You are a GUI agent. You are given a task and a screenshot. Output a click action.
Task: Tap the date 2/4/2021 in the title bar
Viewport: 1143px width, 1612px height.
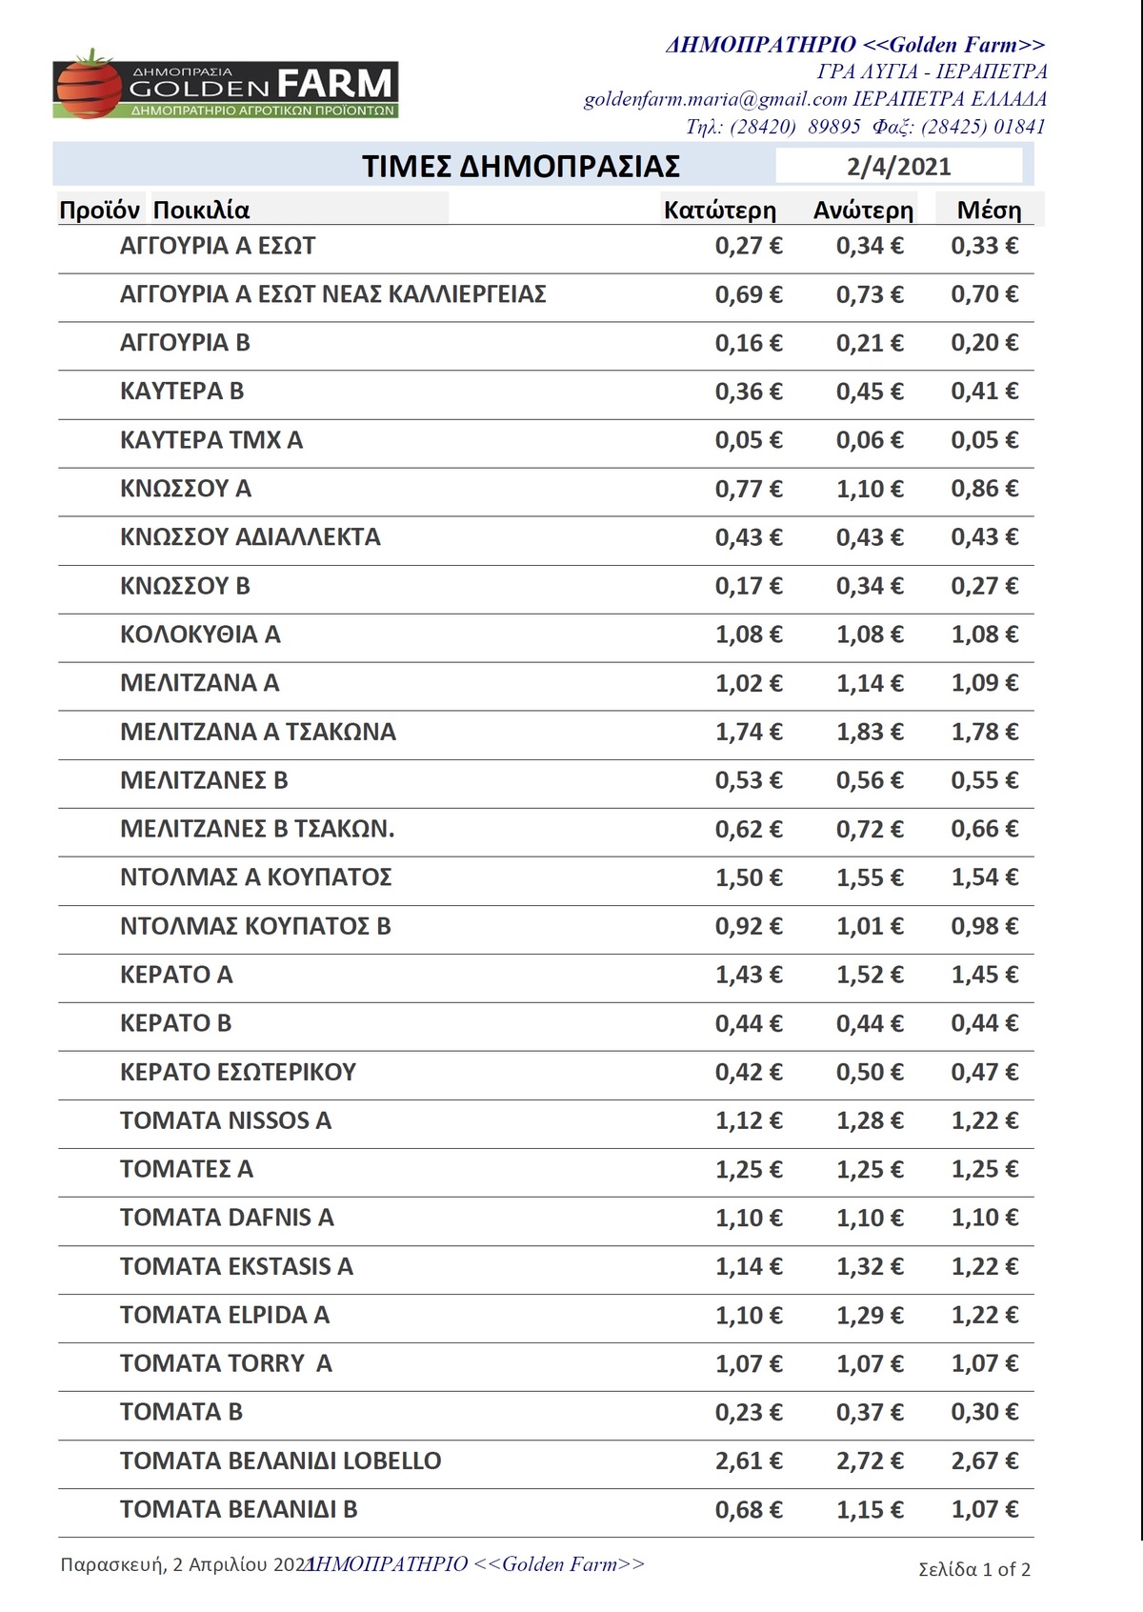tap(898, 167)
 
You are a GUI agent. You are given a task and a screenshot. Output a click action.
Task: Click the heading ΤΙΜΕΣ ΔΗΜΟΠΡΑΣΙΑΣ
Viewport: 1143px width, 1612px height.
tap(520, 167)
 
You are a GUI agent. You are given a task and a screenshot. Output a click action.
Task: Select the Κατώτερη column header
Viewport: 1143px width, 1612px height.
tap(719, 211)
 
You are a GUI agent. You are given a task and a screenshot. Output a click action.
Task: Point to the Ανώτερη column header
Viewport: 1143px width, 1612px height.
tap(863, 211)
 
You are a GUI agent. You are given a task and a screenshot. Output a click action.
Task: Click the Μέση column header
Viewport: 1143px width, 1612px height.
tap(989, 211)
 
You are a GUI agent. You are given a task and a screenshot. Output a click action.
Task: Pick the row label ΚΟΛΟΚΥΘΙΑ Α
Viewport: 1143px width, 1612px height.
tap(200, 635)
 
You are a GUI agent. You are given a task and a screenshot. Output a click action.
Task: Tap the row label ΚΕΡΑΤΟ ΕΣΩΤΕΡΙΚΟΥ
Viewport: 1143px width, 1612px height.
tap(238, 1072)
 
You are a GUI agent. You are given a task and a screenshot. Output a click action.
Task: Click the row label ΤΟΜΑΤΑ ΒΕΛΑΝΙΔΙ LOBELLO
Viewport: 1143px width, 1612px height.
tap(281, 1461)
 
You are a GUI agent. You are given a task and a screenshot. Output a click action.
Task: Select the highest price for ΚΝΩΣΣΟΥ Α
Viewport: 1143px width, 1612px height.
tap(870, 489)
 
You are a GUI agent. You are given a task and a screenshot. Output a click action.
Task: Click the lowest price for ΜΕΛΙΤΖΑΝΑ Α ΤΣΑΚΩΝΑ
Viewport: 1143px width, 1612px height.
tap(749, 732)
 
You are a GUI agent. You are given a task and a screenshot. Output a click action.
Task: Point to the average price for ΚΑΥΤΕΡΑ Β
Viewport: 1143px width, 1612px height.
tap(984, 392)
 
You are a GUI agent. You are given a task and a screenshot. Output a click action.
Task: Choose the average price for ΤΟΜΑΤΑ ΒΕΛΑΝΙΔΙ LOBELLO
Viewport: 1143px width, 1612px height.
tap(984, 1461)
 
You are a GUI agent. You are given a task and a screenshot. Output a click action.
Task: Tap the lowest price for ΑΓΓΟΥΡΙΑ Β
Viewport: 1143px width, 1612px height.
tap(749, 343)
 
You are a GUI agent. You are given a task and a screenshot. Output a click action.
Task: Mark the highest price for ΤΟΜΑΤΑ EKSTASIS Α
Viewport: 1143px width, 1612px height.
tap(870, 1266)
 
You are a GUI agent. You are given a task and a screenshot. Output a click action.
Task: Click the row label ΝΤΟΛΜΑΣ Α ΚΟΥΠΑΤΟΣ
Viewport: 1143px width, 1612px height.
tap(255, 877)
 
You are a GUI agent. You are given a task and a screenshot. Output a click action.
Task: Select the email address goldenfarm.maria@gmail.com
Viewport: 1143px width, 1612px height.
tap(715, 99)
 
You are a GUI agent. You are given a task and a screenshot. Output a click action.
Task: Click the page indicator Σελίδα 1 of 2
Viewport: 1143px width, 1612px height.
tap(974, 1569)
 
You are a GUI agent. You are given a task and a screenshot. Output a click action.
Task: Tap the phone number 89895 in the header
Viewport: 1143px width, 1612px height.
tap(833, 127)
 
